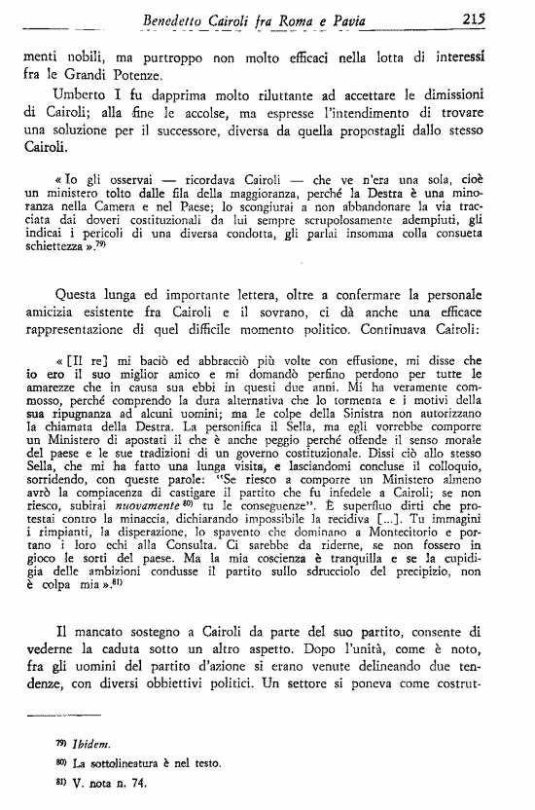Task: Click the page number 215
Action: pyautogui.click(x=502, y=18)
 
